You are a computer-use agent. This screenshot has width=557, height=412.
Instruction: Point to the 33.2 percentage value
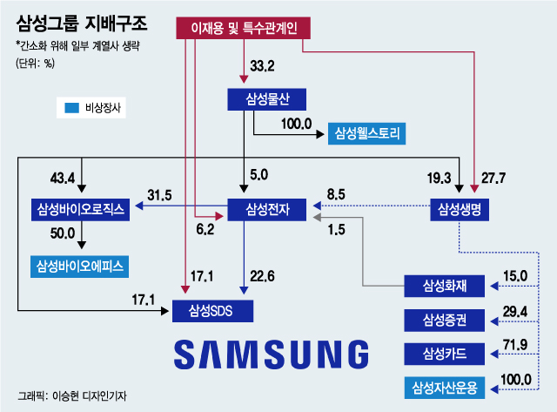262,65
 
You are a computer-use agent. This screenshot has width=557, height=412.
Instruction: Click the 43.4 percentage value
63,179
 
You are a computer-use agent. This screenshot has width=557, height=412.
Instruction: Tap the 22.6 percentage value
262,277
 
